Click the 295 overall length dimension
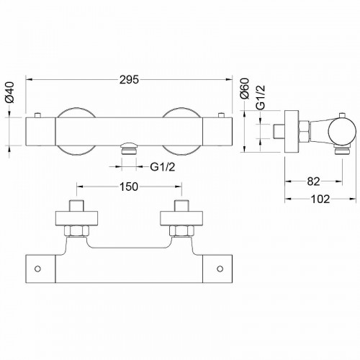[x=130, y=80]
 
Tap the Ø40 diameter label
[x=10, y=92]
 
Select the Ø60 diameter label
[x=245, y=89]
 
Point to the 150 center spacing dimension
[x=129, y=186]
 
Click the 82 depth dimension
[x=313, y=181]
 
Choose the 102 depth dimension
[x=320, y=199]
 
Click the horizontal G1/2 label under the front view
[x=163, y=167]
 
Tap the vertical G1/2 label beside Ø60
[x=261, y=97]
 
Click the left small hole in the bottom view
[x=37, y=269]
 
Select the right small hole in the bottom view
[x=220, y=269]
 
